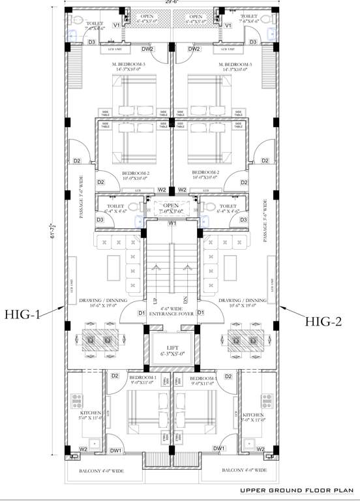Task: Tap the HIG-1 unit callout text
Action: point(23,314)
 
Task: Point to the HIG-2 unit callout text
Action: point(323,320)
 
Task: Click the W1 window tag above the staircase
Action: point(172,224)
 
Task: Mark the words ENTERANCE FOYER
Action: point(172,314)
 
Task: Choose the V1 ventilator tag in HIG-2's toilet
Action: point(228,25)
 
